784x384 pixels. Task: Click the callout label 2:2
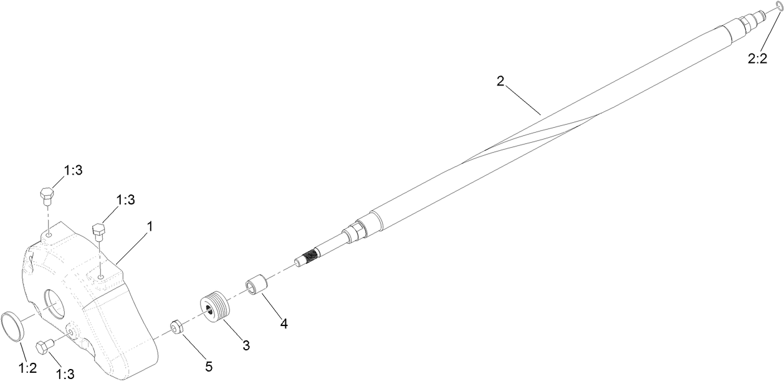click(x=757, y=59)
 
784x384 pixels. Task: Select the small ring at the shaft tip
click(x=778, y=6)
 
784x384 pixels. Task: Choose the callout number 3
click(x=246, y=345)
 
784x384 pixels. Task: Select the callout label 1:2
click(x=27, y=367)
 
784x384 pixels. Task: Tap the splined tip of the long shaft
click(x=307, y=257)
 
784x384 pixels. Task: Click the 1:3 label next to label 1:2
click(x=65, y=373)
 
